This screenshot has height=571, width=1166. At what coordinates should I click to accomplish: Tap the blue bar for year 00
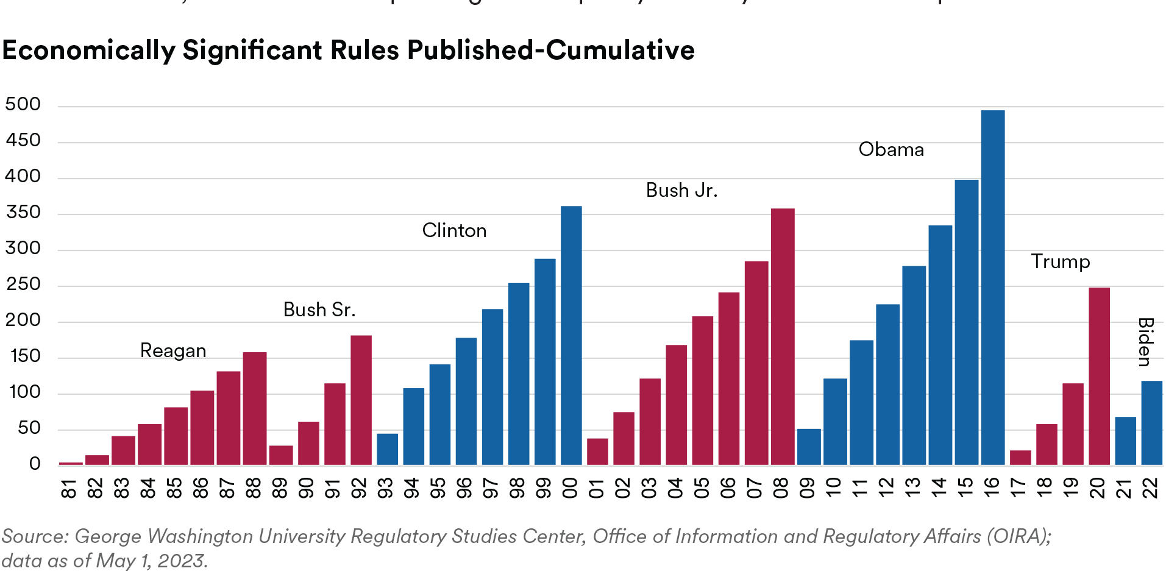click(571, 336)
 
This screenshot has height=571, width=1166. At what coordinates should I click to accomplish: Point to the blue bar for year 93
click(387, 449)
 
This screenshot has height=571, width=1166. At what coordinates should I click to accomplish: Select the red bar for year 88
click(255, 409)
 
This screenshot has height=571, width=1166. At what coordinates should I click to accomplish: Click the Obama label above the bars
click(891, 149)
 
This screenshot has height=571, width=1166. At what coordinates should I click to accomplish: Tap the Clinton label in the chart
click(454, 230)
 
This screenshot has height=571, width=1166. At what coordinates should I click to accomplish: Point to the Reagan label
click(173, 350)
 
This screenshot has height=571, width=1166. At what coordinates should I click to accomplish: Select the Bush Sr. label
click(319, 310)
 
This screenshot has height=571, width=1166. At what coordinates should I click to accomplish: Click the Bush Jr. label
click(681, 191)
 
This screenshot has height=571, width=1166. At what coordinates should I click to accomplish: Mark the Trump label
click(1062, 263)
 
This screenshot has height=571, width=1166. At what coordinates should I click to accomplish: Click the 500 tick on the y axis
click(23, 104)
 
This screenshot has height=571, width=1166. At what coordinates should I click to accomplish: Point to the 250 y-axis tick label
click(23, 284)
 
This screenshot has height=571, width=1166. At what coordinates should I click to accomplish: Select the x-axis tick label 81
click(70, 488)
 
